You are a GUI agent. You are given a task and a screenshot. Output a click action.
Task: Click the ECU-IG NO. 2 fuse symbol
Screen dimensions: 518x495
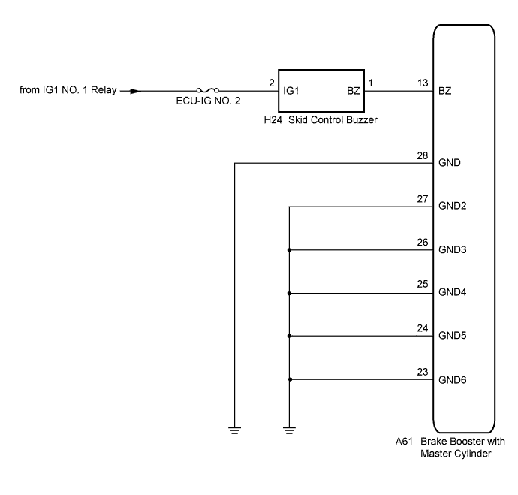[x=207, y=90]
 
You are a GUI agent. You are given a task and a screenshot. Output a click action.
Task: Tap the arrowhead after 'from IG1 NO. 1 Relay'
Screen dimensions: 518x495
[x=136, y=91]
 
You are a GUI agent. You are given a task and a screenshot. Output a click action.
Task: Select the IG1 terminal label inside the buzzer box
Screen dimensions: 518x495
[x=291, y=91]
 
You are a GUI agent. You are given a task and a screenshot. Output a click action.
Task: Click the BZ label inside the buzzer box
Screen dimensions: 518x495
[x=353, y=91]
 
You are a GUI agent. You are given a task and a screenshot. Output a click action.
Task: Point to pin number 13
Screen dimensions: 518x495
[x=423, y=83]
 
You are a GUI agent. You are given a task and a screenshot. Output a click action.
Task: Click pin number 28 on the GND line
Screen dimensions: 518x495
[x=423, y=155]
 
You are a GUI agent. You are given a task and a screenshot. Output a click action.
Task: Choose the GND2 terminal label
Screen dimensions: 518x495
[x=452, y=206]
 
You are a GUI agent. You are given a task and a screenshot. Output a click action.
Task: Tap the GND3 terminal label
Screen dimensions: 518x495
[x=452, y=249]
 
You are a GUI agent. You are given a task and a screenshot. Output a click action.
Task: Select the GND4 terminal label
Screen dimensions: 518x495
[x=452, y=292]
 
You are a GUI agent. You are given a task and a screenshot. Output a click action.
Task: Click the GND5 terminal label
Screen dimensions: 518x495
[x=452, y=336]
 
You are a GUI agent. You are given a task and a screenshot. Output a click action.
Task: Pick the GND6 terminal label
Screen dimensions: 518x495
[x=452, y=380]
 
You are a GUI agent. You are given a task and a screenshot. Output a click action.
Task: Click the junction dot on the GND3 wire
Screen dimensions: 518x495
[x=289, y=250]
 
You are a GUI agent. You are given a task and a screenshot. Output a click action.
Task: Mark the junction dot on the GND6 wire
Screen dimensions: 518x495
[x=290, y=379]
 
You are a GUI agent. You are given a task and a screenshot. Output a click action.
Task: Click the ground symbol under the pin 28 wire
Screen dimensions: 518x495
[x=234, y=430]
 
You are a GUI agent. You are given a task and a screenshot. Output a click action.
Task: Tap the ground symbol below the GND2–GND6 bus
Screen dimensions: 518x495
[x=289, y=430]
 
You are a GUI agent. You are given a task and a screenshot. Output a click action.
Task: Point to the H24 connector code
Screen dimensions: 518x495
[x=273, y=120]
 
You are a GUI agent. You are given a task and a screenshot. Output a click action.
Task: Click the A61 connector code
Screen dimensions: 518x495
[x=404, y=442]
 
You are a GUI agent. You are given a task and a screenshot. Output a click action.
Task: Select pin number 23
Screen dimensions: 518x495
[x=423, y=372]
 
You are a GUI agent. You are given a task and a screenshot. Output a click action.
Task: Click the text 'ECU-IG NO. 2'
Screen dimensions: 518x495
[x=208, y=101]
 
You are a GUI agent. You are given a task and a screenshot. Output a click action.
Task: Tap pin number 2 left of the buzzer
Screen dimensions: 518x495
[x=272, y=83]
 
